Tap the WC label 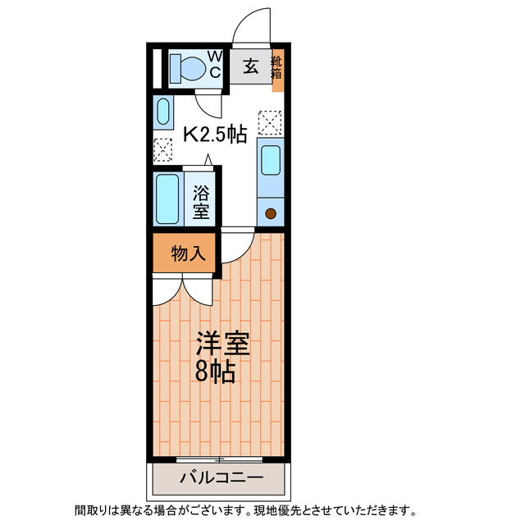[x=213, y=65]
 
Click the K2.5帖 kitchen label [x=214, y=135]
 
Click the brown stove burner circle [x=271, y=214]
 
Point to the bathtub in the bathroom [x=168, y=199]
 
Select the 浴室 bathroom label [x=201, y=202]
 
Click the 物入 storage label [x=188, y=254]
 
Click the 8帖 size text [x=215, y=372]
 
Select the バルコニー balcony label [x=220, y=478]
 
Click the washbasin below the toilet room [x=162, y=112]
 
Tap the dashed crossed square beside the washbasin [x=162, y=150]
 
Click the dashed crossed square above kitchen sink [x=270, y=122]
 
